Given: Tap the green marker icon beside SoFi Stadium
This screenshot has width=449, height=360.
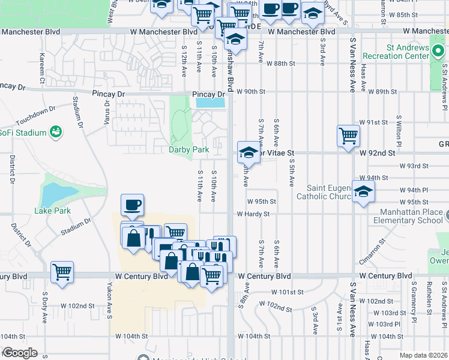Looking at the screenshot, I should pyautogui.click(x=56, y=131).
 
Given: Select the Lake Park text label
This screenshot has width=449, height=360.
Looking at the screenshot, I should pyautogui.click(x=52, y=211).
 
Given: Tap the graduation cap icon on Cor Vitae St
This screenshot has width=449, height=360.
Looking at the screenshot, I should pyautogui.click(x=248, y=152).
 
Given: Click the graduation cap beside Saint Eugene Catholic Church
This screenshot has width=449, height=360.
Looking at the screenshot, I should pyautogui.click(x=363, y=192).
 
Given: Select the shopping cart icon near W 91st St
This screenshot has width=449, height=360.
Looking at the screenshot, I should pyautogui.click(x=348, y=136).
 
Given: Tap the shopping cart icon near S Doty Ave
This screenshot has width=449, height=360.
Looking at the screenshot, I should pyautogui.click(x=62, y=272).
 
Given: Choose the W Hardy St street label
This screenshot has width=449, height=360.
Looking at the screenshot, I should pyautogui.click(x=256, y=214).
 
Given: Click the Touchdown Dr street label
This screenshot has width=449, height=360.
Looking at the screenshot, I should pyautogui.click(x=35, y=112).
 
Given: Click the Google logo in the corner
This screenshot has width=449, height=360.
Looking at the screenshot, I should pyautogui.click(x=19, y=353).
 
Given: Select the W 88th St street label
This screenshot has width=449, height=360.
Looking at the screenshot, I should pyautogui.click(x=282, y=63).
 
